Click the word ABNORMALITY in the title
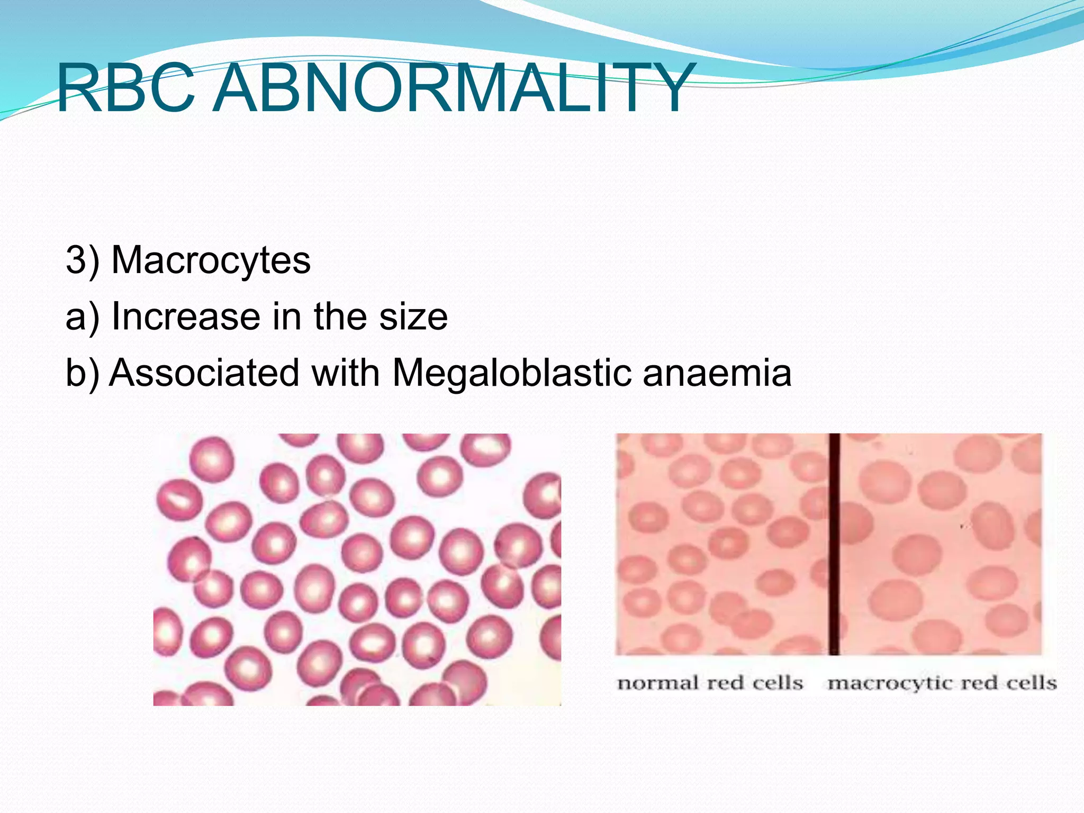453,88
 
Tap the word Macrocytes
211,260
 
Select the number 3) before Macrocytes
83,260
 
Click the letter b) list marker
83,373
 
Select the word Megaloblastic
512,373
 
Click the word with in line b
346,373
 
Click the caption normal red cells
710,683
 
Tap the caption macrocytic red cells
942,683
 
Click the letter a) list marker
83,317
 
